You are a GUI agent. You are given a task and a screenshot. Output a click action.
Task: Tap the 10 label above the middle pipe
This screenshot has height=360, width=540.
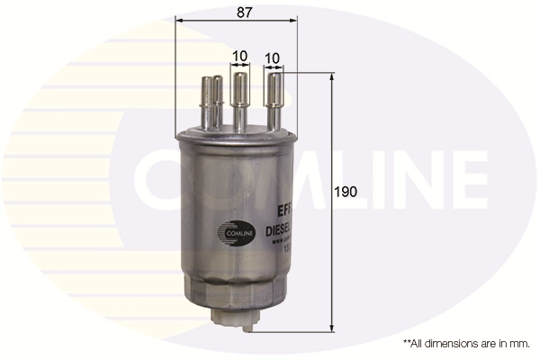(239, 56)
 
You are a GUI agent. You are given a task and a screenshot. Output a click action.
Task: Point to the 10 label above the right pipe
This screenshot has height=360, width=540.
(272, 57)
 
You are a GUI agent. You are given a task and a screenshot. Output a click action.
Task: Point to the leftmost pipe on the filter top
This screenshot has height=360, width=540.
(211, 102)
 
